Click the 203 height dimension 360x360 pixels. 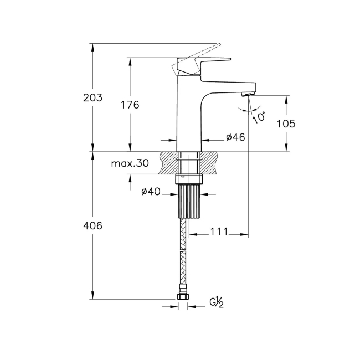(92, 98)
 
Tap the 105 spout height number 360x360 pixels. (286, 124)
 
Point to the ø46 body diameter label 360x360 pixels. (235, 137)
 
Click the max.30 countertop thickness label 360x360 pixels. (130, 163)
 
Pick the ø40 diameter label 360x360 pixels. (151, 192)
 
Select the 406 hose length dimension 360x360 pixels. (92, 225)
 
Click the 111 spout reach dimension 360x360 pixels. (219, 233)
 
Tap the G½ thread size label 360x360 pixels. (215, 302)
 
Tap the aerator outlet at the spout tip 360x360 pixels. (248, 95)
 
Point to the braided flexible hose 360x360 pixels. (183, 255)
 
